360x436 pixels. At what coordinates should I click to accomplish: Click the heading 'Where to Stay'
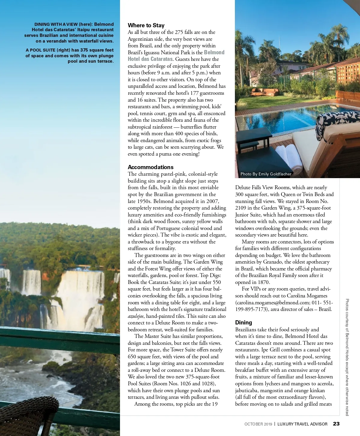146,25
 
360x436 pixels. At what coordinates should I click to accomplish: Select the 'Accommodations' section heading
151,167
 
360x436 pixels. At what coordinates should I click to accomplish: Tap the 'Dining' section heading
244,323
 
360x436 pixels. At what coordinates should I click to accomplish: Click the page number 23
336,424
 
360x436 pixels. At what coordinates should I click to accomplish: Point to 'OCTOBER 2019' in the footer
258,424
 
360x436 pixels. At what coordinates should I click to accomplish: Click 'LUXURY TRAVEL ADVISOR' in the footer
302,424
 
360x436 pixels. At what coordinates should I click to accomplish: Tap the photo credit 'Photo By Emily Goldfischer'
266,174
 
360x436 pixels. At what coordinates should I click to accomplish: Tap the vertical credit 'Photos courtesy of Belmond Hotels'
347,330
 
